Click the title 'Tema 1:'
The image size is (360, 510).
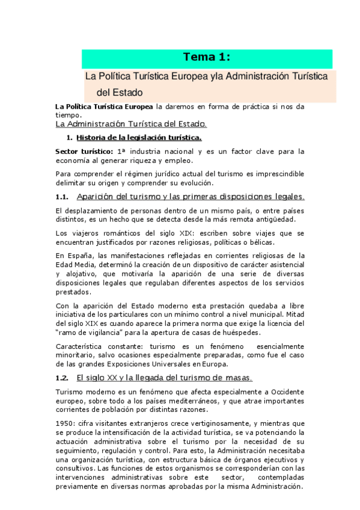(207, 57)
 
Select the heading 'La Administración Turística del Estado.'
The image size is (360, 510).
(130, 124)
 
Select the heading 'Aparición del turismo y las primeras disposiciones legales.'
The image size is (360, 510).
(191, 197)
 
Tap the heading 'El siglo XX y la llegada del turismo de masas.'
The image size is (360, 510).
(165, 378)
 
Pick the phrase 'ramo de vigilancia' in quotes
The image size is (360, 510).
(90, 332)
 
